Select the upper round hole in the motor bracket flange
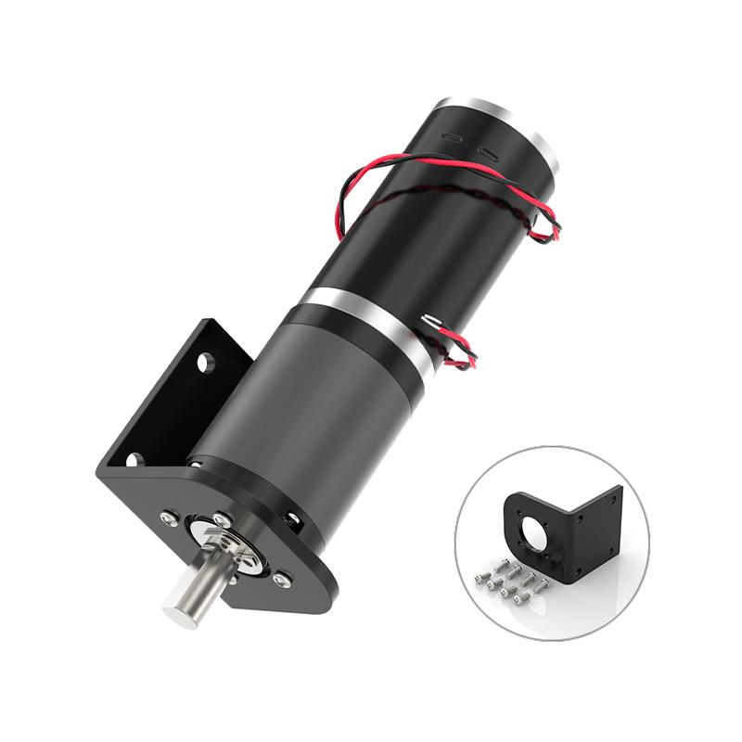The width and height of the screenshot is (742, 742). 205,360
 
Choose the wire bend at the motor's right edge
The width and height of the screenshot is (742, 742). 553,223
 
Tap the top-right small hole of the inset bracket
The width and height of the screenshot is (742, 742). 612,501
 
